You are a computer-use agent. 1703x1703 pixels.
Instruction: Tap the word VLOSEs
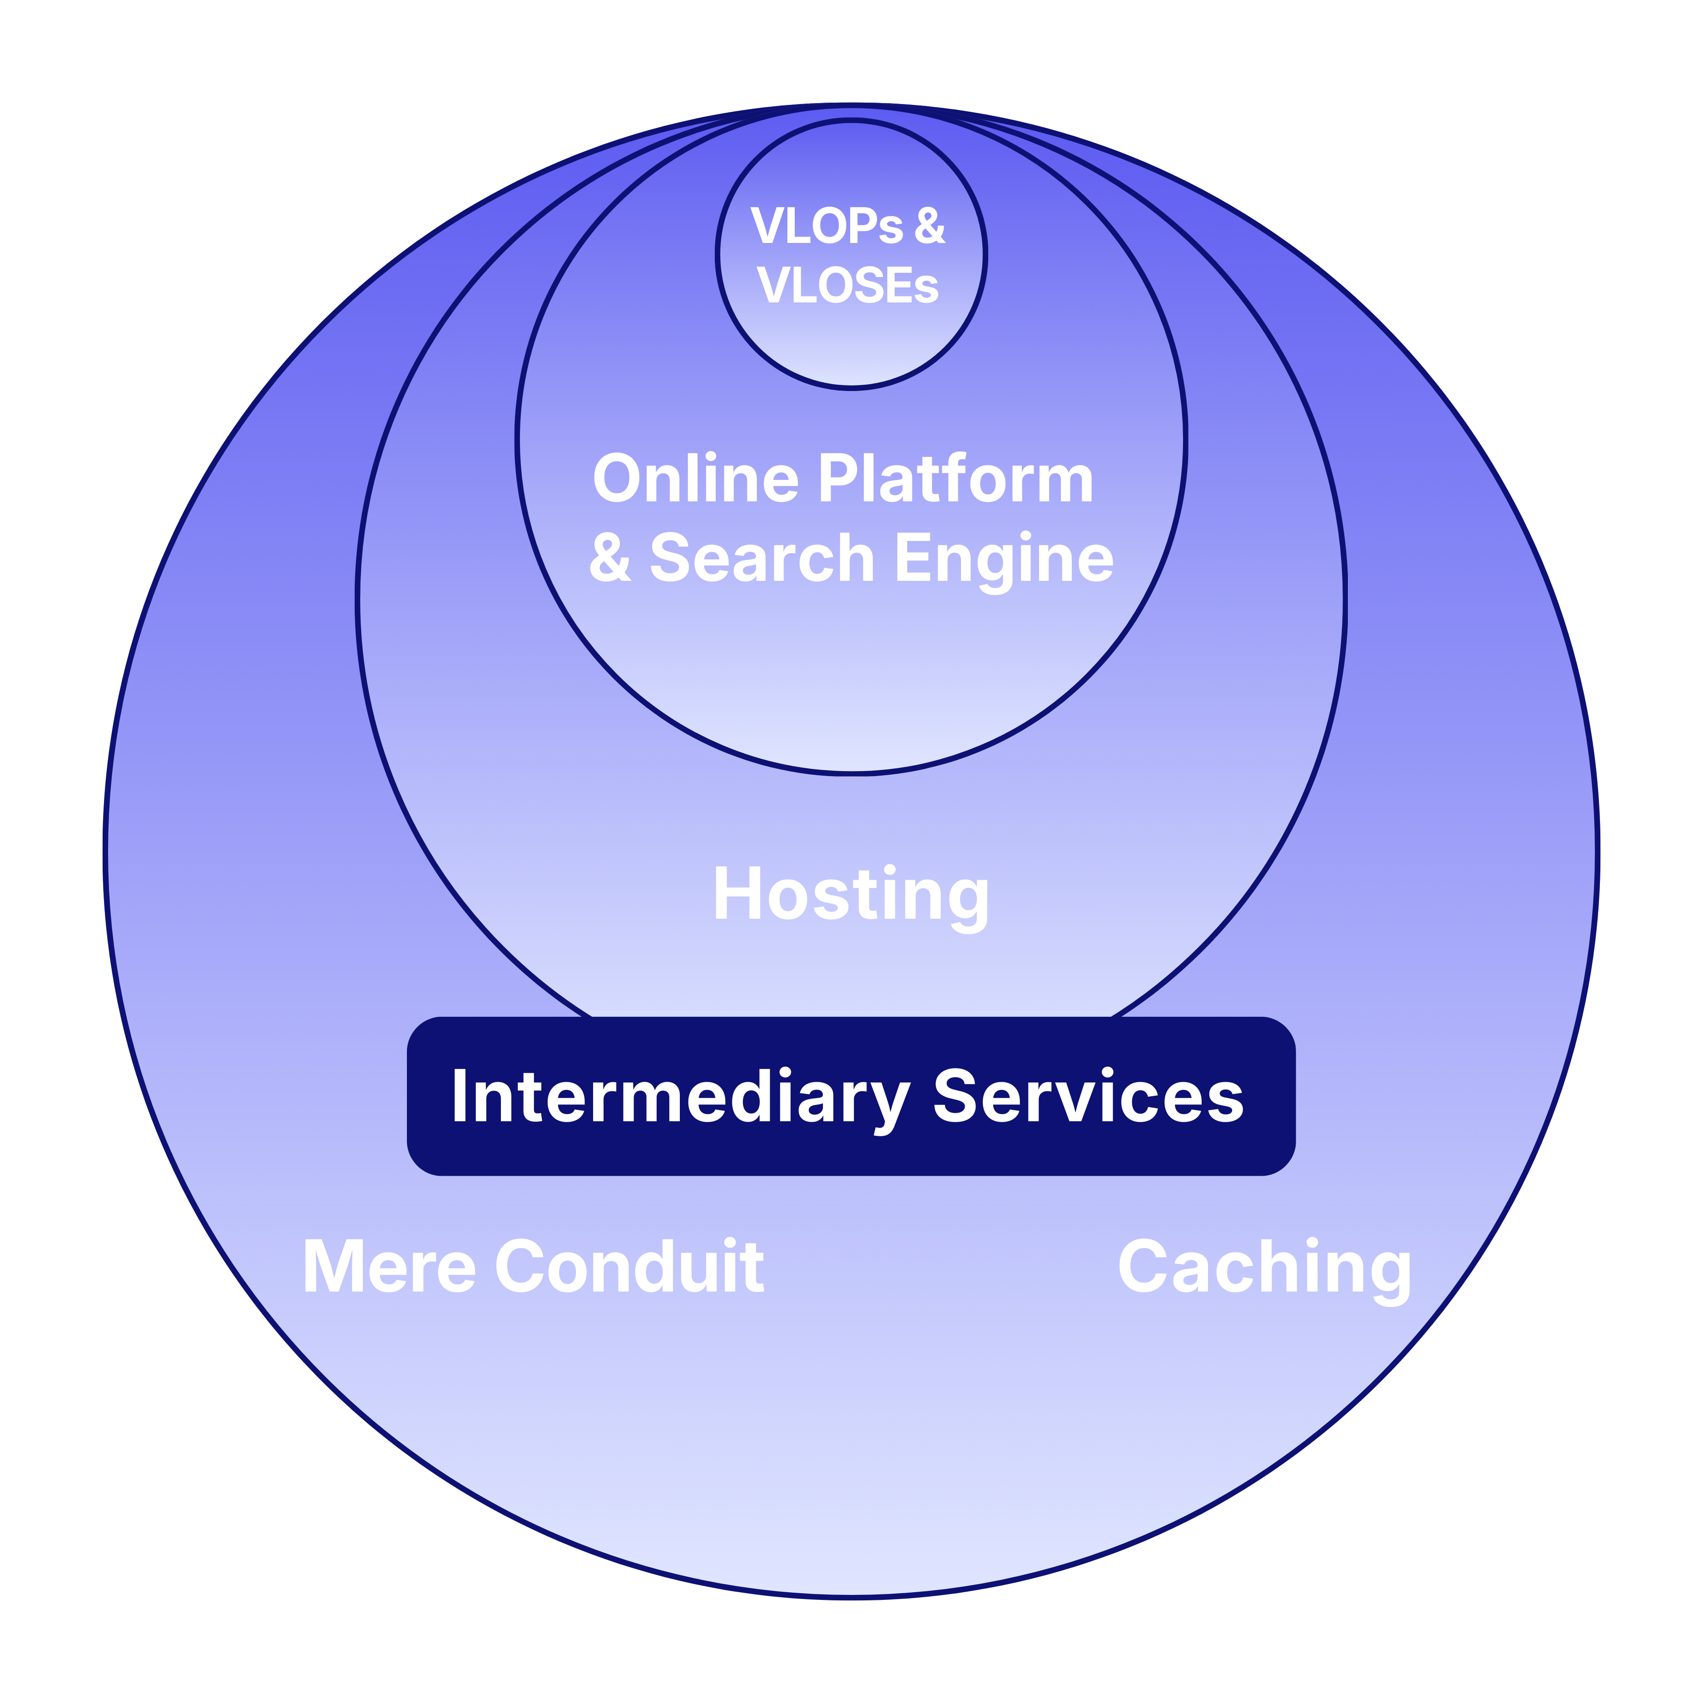pos(848,286)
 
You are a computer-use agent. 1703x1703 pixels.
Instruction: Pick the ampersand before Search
pos(610,558)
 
